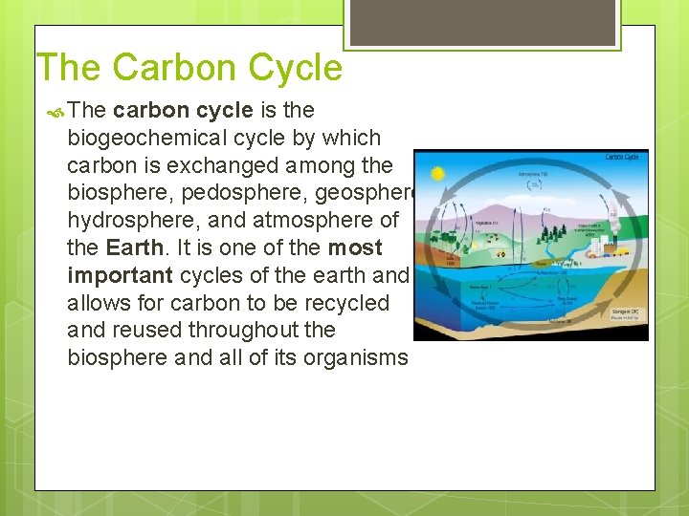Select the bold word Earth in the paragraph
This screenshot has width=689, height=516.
pos(135,247)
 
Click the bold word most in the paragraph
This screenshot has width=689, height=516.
pos(355,247)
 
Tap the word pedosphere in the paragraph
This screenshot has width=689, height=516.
pos(234,193)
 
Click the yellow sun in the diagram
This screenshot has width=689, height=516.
pos(438,174)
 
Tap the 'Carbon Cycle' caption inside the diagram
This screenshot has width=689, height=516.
pos(623,158)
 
